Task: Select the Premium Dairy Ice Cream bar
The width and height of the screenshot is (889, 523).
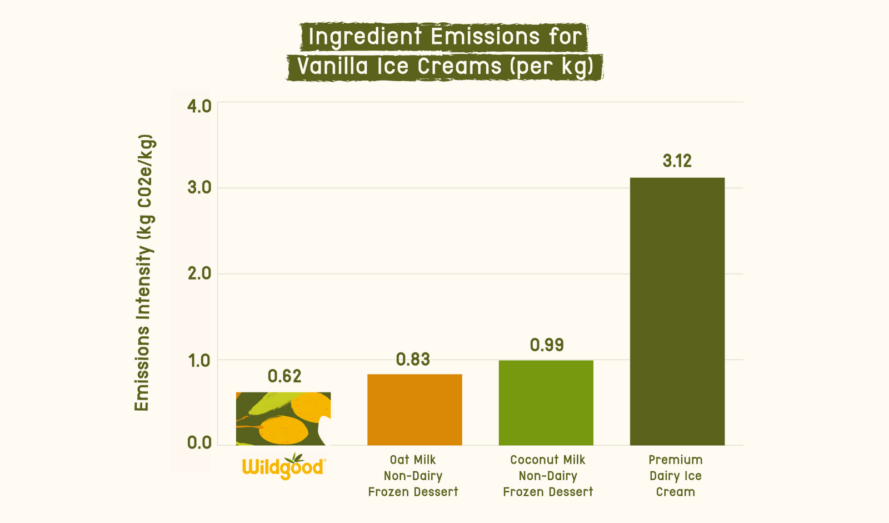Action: pos(677,311)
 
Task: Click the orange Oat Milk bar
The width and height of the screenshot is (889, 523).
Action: pos(414,410)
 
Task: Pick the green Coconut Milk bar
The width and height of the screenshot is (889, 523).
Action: pos(546,402)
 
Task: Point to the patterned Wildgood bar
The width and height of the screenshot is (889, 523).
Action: pos(283,419)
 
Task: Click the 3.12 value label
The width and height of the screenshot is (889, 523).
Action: pos(677,161)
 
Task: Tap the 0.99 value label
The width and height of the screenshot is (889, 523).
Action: pos(547,345)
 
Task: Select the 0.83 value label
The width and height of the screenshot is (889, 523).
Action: pos(413,360)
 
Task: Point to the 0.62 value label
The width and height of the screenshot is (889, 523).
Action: pos(284,376)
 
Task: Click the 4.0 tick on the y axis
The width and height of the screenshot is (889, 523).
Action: pos(199,106)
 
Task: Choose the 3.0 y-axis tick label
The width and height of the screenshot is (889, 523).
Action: pos(199,188)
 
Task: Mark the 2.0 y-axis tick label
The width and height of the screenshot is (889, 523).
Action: pos(199,274)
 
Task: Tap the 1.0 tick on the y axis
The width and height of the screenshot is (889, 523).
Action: pos(199,361)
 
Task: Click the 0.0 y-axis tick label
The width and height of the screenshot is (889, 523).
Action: pos(199,443)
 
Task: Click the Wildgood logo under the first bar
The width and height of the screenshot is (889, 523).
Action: pos(284,466)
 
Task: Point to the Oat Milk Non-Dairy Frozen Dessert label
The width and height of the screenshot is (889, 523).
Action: pos(413,476)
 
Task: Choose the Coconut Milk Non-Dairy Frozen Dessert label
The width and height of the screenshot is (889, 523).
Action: pos(548,476)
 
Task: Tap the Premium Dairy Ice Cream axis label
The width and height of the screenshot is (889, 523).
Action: pos(676,476)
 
